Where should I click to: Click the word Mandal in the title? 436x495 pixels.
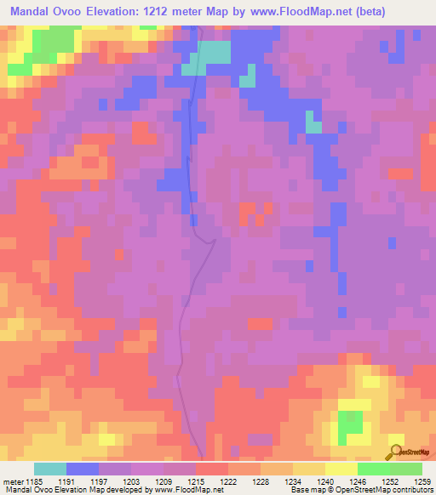(x=35, y=12)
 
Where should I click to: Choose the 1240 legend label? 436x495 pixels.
(x=313, y=481)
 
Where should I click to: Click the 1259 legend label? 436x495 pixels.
(x=410, y=481)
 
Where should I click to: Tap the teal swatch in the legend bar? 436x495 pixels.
(x=49, y=469)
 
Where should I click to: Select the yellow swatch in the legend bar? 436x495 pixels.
(x=341, y=469)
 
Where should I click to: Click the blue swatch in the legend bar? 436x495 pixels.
(x=83, y=469)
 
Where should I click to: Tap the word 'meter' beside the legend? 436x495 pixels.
(x=12, y=481)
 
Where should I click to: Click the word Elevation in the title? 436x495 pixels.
(x=118, y=12)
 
